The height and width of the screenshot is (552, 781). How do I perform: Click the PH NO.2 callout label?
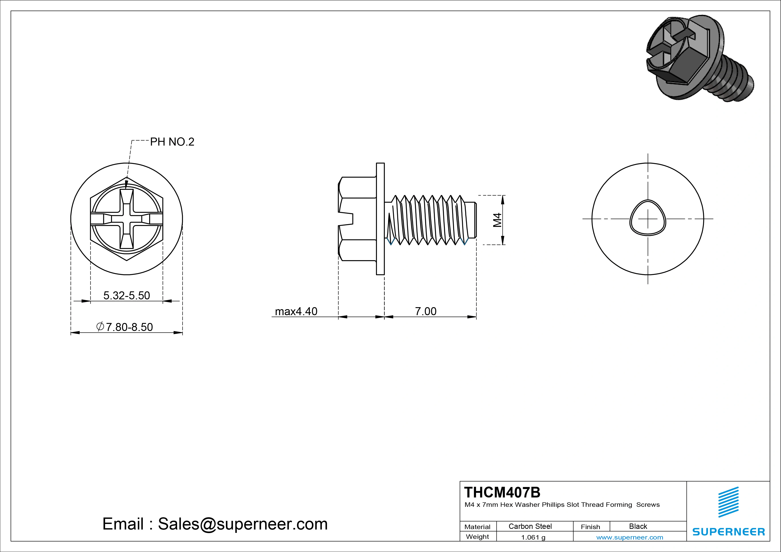pyautogui.click(x=172, y=142)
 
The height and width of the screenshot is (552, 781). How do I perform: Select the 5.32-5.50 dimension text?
pyautogui.click(x=126, y=295)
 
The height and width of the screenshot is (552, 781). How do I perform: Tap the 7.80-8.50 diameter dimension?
pyautogui.click(x=125, y=327)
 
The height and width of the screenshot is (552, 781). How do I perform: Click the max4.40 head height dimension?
pyautogui.click(x=296, y=311)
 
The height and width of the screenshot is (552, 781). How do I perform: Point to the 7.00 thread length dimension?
pyautogui.click(x=425, y=311)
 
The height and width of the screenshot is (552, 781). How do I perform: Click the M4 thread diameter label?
pyautogui.click(x=498, y=220)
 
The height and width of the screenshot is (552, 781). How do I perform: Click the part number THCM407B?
pyautogui.click(x=502, y=492)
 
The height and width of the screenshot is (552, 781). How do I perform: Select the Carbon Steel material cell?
pyautogui.click(x=530, y=526)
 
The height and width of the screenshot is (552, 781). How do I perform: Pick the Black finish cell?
pyautogui.click(x=638, y=526)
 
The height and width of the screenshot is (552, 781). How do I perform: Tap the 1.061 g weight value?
pyautogui.click(x=533, y=537)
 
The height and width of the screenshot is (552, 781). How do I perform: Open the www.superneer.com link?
pyautogui.click(x=630, y=537)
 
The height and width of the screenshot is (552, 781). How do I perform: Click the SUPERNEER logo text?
pyautogui.click(x=728, y=532)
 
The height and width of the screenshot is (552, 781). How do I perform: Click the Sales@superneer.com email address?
pyautogui.click(x=242, y=524)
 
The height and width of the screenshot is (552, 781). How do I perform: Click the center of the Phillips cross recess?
pyautogui.click(x=126, y=219)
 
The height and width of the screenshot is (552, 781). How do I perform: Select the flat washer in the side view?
pyautogui.click(x=380, y=219)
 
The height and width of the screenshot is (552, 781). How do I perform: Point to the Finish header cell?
pyautogui.click(x=590, y=526)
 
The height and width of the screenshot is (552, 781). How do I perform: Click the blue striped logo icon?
pyautogui.click(x=728, y=502)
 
